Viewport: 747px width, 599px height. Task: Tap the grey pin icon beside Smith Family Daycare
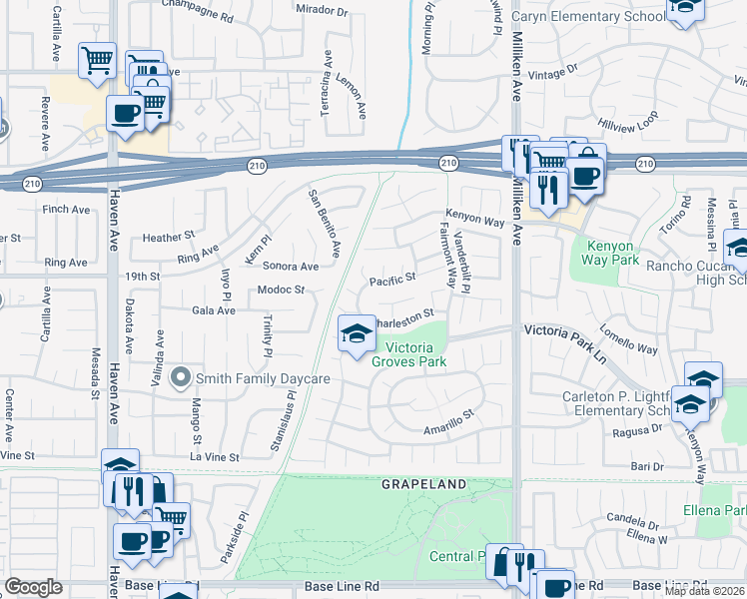(x=181, y=377)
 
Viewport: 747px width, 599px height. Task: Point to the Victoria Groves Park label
(x=408, y=354)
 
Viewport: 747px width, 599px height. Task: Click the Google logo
(x=33, y=587)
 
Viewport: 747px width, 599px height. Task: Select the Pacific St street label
(x=392, y=282)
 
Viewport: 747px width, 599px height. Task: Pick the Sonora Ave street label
(x=290, y=267)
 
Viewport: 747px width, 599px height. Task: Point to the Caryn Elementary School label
(x=588, y=17)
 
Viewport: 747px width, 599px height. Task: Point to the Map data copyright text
(x=703, y=590)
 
